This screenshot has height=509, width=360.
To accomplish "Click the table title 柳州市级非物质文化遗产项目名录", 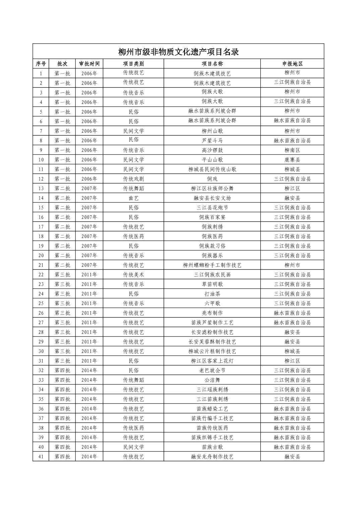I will tap(178, 52).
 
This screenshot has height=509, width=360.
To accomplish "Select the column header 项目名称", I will tap(212, 64).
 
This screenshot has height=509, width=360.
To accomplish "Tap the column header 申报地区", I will tap(292, 64).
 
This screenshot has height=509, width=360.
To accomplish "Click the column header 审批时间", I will tap(89, 64).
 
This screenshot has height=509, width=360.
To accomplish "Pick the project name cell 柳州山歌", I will tap(212, 131).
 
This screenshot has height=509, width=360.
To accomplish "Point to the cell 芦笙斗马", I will tap(212, 141).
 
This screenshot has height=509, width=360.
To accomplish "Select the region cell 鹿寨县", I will tap(292, 160).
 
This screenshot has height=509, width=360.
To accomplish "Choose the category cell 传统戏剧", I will tap(133, 179).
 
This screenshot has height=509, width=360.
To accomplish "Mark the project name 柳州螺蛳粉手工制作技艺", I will tap(212, 265).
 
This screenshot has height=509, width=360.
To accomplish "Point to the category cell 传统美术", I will tap(133, 275).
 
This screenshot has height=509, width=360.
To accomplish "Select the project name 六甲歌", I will tap(212, 303).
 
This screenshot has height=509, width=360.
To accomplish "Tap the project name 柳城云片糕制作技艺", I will tap(212, 351).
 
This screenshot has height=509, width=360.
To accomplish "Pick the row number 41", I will tap(41, 456).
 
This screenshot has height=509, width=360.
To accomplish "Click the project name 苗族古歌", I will tap(212, 447).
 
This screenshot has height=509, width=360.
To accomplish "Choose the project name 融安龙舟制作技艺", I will tap(212, 456).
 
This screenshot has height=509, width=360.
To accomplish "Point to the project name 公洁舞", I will tap(212, 380).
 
